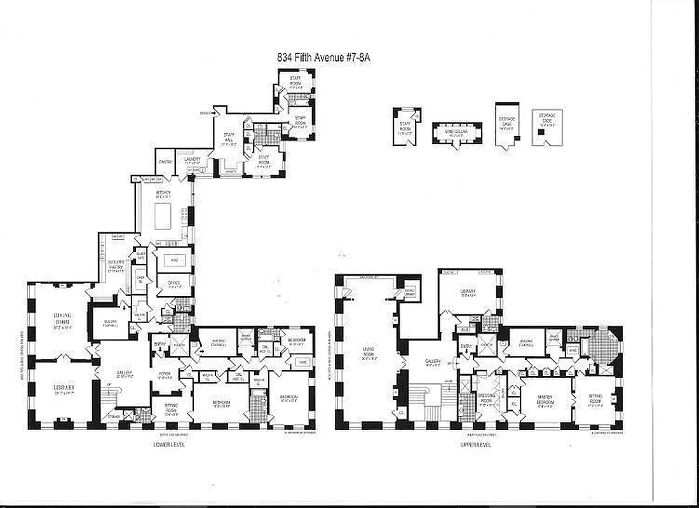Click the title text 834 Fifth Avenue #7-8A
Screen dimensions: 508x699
324,57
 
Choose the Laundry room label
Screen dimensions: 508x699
193,160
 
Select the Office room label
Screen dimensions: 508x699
174,283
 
